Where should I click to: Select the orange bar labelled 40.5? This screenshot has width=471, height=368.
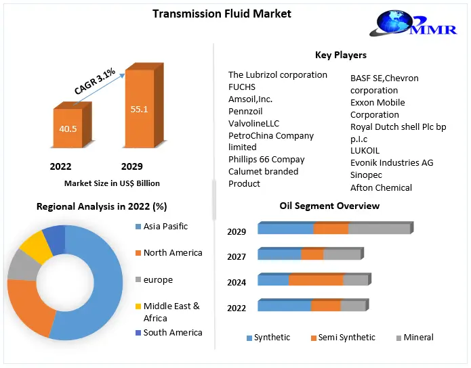click(67, 129)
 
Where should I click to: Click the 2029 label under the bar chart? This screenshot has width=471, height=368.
click(131, 166)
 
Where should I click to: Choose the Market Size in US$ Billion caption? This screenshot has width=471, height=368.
click(112, 183)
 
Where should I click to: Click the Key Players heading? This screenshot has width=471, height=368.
click(340, 55)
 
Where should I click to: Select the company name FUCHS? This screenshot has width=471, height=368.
click(242, 87)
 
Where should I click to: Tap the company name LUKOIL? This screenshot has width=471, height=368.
click(365, 151)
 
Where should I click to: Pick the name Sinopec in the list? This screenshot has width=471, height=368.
click(366, 175)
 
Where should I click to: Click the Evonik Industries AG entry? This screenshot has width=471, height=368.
click(392, 163)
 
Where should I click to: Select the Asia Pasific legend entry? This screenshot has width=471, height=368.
click(165, 227)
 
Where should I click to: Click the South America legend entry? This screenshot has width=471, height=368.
click(173, 333)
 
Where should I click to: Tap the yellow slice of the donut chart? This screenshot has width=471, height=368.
click(35, 246)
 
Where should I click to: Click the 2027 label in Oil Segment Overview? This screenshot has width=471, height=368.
click(237, 256)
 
